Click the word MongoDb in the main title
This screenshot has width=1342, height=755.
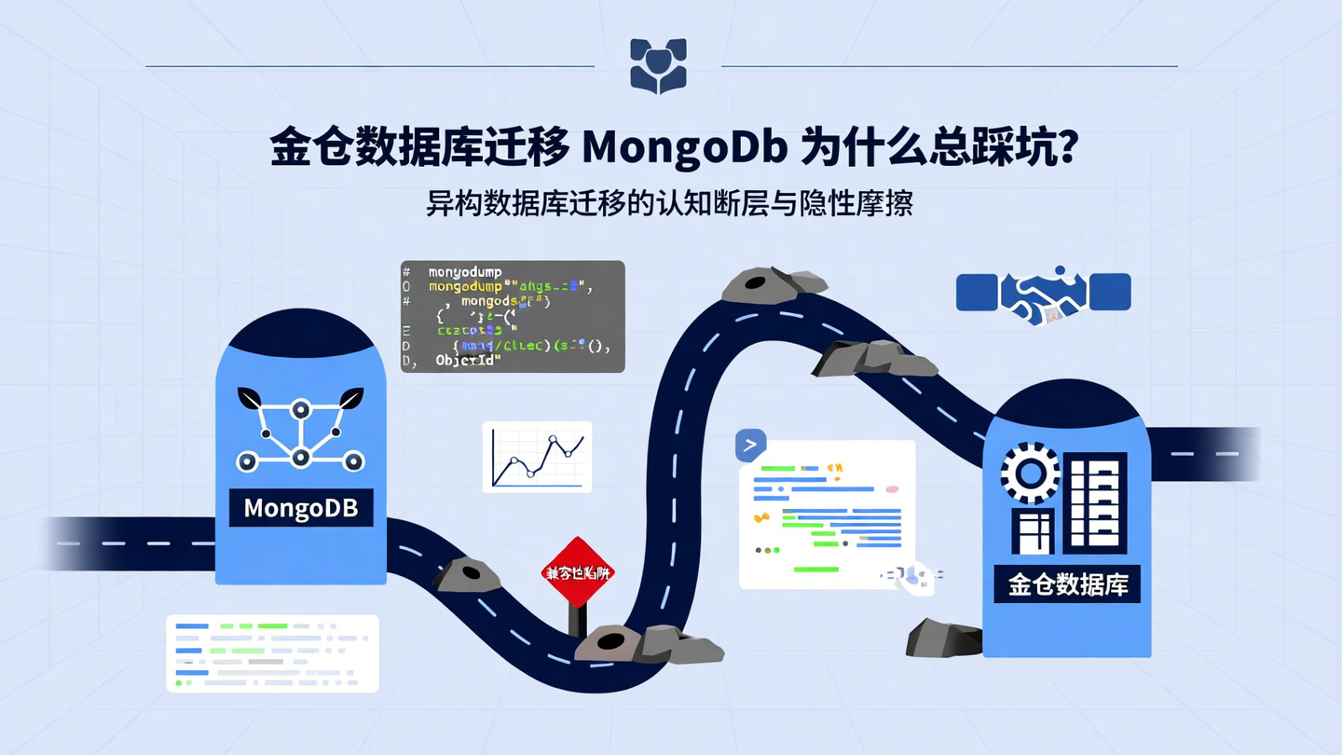pos(684,149)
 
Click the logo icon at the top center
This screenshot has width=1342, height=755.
pos(658,65)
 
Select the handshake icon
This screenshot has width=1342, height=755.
pos(1043,294)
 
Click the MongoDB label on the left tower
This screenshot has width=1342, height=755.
pos(301,509)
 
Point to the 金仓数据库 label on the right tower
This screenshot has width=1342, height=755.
pos(1067,584)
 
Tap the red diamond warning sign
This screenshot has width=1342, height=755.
pos(579,572)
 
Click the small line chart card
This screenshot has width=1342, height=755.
pos(537,457)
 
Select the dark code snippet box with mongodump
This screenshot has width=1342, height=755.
pos(513,317)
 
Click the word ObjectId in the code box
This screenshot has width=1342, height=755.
pos(469,360)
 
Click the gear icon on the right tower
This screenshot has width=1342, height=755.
pos(1030,474)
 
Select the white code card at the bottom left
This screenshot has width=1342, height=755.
pos(272,652)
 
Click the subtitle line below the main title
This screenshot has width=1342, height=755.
pos(669,203)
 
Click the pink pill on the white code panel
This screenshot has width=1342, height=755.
pos(892,488)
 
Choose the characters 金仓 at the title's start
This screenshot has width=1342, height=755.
pos(311,149)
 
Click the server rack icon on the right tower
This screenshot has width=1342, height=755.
pos(1095,503)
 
